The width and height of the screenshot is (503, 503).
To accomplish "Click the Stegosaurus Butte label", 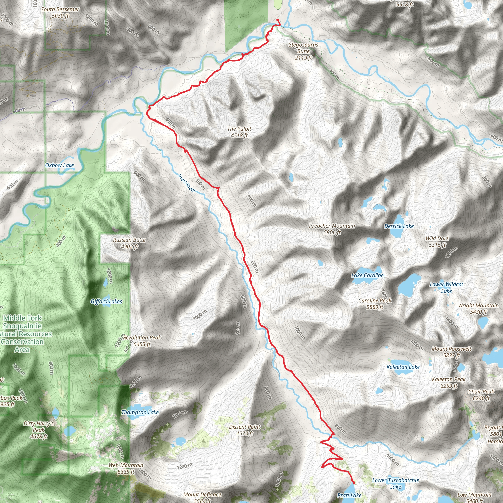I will coord(303,51).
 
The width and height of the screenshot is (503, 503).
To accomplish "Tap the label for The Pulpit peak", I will coord(239,132).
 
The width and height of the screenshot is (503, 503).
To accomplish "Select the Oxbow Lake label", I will coord(60,165).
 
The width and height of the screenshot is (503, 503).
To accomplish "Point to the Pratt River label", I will coord(187,183).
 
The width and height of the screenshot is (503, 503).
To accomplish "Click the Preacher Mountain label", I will coord(332,229).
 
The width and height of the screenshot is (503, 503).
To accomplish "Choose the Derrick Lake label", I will coord(399,226).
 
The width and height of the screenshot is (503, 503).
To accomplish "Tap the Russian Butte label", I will coord(129,243).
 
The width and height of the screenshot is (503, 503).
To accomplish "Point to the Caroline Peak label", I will coord(375,304).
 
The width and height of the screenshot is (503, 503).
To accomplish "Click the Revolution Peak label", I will coord(142,341).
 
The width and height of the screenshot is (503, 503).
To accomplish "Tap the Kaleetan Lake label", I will coord(403,367).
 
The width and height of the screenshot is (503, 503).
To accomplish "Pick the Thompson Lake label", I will coord(140,412).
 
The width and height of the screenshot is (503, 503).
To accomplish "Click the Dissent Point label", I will coord(245,430).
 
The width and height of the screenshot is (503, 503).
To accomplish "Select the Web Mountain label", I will coord(126,468).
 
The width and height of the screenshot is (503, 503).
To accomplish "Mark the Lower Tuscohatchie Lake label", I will coord(395,483).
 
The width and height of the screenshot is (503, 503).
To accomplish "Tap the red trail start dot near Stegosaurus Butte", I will coord(278,20).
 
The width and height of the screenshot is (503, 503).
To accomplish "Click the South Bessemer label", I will coord(60,13).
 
